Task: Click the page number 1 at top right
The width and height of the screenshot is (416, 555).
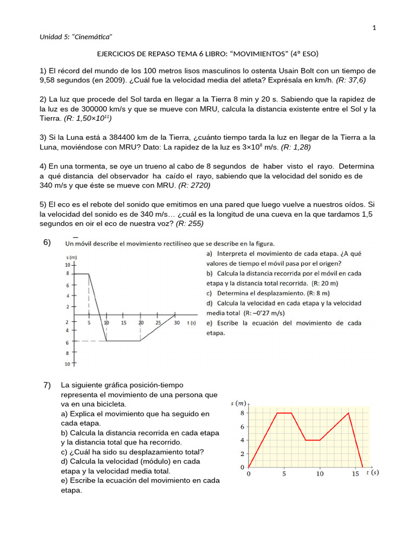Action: click(374, 28)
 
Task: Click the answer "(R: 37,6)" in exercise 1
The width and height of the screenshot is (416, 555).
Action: click(351, 80)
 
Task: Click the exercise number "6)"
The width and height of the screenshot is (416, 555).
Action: click(47, 242)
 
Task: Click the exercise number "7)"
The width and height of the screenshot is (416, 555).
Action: click(47, 385)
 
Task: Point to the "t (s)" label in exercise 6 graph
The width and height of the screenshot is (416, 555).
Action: click(191, 322)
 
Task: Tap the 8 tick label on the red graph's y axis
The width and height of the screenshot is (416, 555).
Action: click(243, 413)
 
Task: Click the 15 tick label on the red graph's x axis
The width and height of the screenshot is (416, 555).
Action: click(355, 474)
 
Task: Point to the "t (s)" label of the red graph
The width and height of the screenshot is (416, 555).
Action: click(372, 473)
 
